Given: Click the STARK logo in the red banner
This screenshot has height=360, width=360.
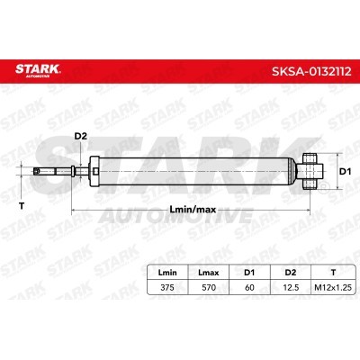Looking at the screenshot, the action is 38,70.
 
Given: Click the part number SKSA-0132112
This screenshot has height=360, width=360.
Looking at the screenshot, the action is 311,72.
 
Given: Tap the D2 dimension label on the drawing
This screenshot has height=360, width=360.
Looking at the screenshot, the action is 80,136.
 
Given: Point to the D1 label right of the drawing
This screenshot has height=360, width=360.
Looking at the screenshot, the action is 345,172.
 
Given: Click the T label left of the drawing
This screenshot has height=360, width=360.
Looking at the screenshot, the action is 22,206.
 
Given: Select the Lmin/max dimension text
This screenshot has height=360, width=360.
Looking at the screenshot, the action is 193,210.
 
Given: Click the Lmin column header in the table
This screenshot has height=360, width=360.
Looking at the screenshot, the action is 167,273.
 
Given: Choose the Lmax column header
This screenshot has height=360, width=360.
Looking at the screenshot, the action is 209,273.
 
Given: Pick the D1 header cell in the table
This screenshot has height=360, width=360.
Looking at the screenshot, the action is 249,273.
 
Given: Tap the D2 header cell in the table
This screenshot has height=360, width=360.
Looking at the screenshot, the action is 291,273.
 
